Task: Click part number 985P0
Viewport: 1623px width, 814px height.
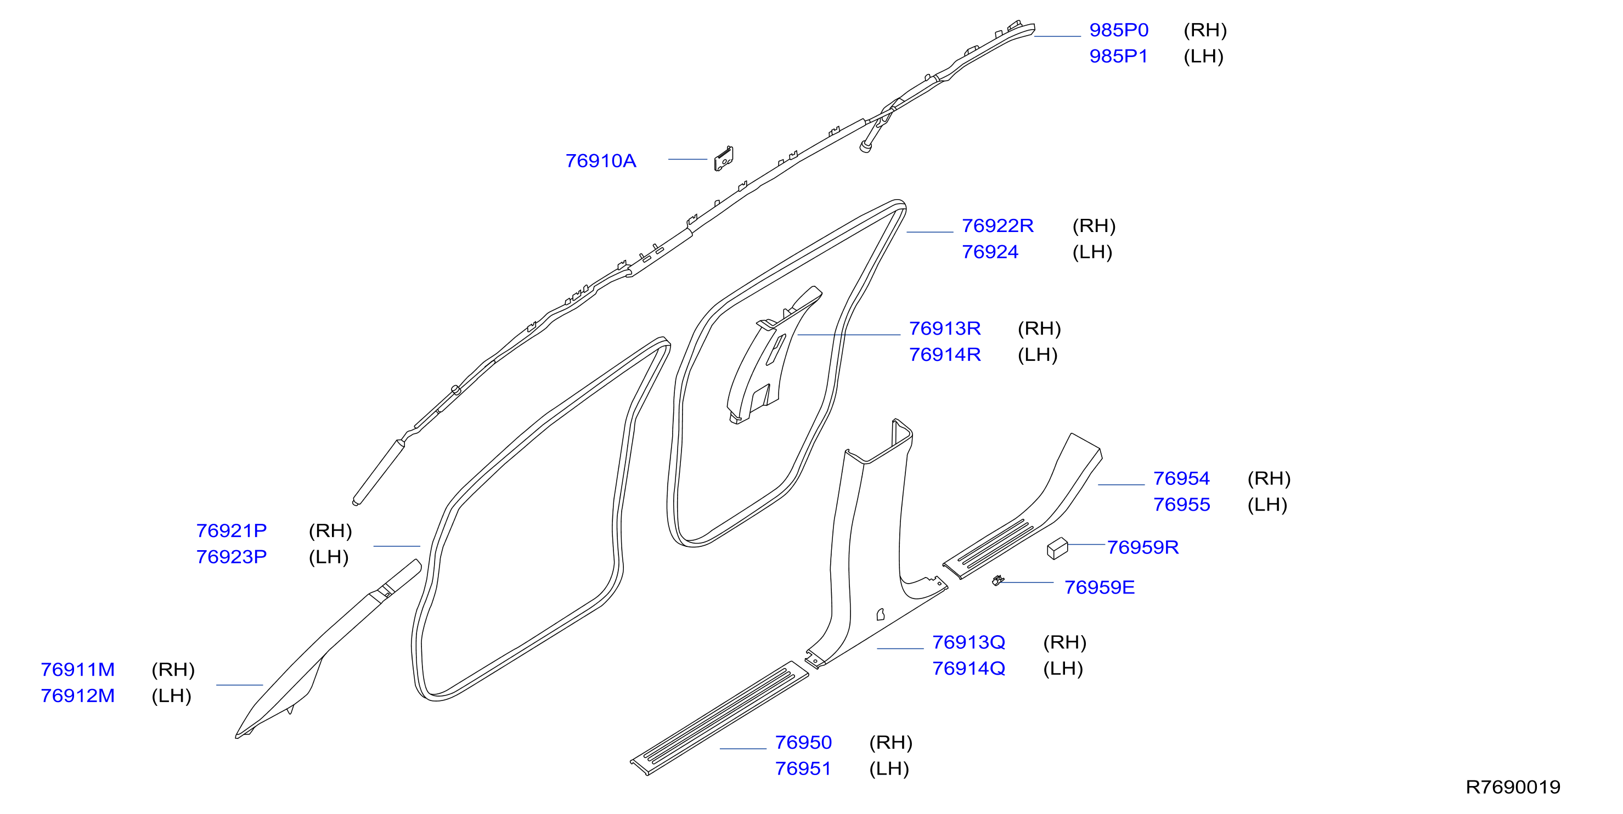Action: coord(1118,30)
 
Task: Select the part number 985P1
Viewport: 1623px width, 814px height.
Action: coord(1118,56)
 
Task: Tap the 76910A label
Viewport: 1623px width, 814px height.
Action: coord(600,161)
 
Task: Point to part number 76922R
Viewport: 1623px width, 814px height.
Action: coord(998,225)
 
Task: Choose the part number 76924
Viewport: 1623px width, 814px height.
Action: coord(990,252)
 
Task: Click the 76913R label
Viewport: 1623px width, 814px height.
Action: coord(944,328)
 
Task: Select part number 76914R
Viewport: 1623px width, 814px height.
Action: coord(944,355)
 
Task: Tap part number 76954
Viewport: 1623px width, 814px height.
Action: coord(1181,478)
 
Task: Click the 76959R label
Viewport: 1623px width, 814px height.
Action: coord(1142,547)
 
